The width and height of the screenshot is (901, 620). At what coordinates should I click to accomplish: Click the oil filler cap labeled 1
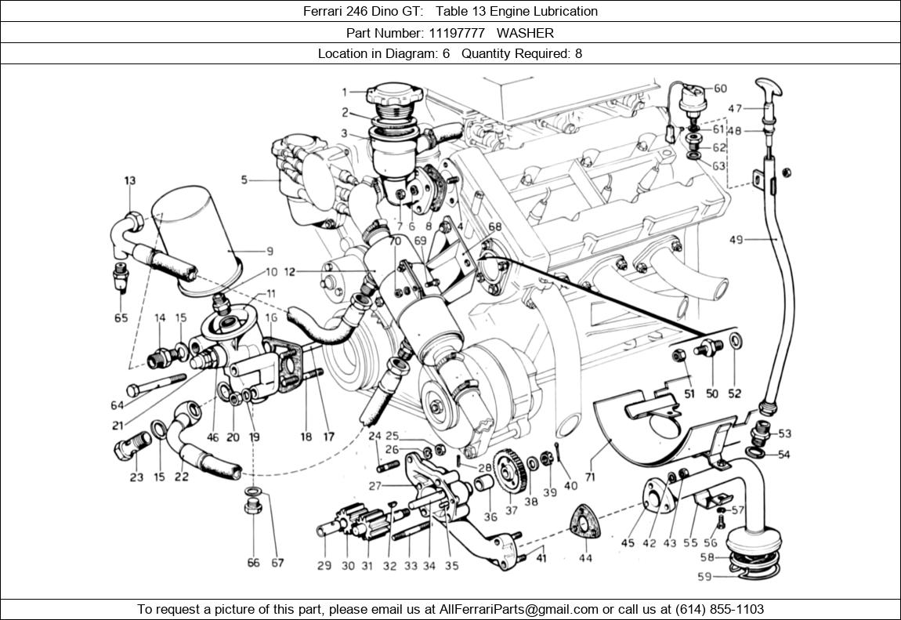pyautogui.click(x=395, y=96)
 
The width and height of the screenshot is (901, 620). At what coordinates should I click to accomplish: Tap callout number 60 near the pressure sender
pyautogui.click(x=719, y=89)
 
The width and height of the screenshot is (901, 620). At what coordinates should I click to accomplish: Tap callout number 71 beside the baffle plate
pyautogui.click(x=589, y=475)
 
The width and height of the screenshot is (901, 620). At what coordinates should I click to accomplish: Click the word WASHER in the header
pyautogui.click(x=525, y=33)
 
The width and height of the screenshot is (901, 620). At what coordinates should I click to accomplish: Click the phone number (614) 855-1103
pyautogui.click(x=715, y=609)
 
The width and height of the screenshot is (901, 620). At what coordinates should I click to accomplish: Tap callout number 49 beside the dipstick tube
pyautogui.click(x=736, y=240)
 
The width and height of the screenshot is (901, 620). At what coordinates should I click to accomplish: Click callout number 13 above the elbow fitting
pyautogui.click(x=129, y=181)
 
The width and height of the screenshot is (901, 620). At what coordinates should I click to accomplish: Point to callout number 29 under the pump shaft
pyautogui.click(x=324, y=566)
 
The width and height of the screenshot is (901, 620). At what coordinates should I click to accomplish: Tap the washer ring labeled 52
pyautogui.click(x=736, y=341)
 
